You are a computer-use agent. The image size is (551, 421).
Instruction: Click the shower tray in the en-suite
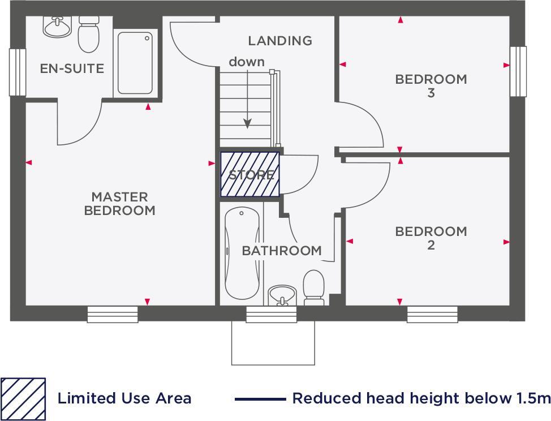135,63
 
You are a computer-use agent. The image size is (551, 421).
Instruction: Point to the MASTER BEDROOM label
119,204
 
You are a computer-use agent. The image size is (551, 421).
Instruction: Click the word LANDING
279,41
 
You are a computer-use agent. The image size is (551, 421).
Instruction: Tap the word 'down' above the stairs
246,62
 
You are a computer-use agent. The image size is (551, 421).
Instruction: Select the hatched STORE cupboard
250,175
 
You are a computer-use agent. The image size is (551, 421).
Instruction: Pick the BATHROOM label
282,251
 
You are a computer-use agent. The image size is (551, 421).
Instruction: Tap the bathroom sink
282,294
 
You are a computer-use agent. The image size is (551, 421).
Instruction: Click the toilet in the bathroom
313,286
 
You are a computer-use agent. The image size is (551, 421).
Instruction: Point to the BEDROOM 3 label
431,85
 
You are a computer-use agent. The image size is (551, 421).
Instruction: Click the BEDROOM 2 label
431,238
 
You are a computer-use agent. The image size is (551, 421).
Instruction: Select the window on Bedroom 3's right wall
518,71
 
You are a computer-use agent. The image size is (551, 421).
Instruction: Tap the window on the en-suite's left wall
18,72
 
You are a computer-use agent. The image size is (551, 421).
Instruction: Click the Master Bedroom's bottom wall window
113,314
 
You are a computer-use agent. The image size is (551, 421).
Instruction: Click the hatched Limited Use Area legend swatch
23,398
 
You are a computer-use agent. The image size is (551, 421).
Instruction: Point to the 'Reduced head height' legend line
260,399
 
